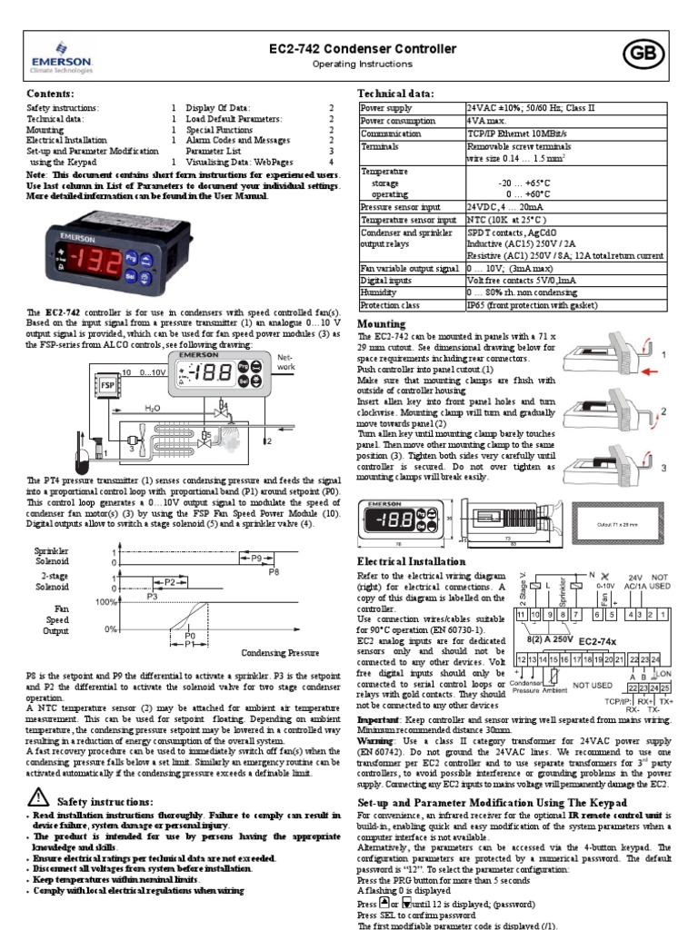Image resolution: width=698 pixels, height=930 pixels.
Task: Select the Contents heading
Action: coord(50,94)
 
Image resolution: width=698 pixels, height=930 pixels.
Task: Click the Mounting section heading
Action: coord(381,324)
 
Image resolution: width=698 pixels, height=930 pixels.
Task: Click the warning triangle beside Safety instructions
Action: coord(38,797)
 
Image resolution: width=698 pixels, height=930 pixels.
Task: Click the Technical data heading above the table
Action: coord(395,94)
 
